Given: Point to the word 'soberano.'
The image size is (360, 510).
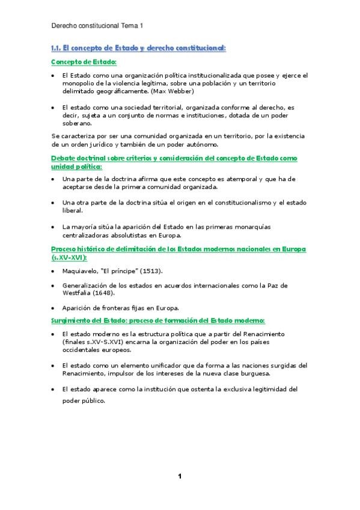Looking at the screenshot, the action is [77, 122].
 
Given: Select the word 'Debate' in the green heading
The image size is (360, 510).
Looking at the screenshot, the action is [64, 158].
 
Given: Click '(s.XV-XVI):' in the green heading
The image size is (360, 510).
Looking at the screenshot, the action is [69, 257].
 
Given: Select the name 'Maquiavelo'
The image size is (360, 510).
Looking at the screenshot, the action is [81, 271].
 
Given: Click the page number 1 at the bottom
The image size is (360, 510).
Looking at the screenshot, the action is [180, 476].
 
